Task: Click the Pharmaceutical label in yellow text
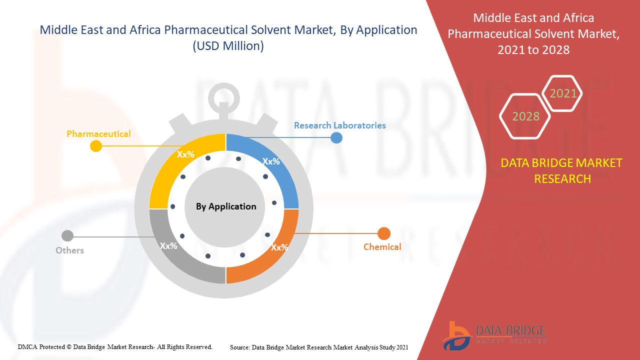point(98,133)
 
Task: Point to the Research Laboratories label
point(340,125)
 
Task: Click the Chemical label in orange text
point(382,246)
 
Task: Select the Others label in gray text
point(69,250)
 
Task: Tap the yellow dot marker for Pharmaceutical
point(96,146)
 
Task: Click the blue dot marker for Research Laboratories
point(336,137)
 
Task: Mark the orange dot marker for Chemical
point(384,233)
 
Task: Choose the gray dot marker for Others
point(67,236)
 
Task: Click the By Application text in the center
point(226,206)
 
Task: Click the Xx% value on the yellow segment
point(185,154)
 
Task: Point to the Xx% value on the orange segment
point(279,247)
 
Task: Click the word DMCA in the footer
point(27,347)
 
